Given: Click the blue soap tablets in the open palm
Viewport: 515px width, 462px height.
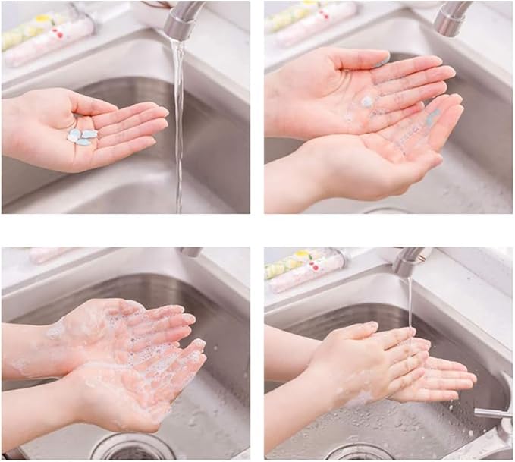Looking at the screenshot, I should pyautogui.click(x=82, y=137).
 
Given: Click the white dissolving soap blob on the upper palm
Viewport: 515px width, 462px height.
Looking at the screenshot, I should pyautogui.click(x=367, y=101).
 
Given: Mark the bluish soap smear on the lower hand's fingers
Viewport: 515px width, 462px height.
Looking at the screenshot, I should pyautogui.click(x=432, y=118).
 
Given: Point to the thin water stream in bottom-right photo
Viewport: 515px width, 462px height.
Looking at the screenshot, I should pyautogui.click(x=410, y=303).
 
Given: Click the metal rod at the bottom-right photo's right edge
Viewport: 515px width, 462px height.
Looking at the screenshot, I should pyautogui.click(x=492, y=414).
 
